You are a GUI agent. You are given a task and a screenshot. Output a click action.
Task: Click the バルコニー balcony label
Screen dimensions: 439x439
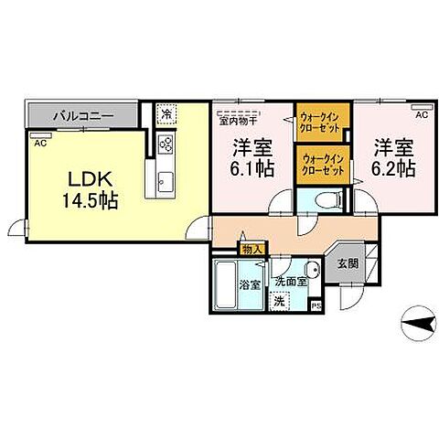82,117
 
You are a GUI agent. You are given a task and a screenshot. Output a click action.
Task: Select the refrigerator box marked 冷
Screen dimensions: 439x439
166,115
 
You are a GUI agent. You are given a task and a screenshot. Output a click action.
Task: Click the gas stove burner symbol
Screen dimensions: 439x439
166,144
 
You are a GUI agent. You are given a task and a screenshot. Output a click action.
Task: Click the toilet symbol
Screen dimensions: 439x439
326,200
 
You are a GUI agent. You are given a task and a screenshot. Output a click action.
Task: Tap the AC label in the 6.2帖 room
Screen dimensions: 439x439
422,116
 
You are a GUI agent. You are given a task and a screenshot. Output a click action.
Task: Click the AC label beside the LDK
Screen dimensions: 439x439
39,144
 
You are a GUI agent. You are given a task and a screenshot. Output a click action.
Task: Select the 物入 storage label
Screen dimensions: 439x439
252,249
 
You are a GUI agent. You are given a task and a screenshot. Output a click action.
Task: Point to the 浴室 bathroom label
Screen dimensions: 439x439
250,284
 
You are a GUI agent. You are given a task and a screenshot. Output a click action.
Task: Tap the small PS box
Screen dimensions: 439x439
316,305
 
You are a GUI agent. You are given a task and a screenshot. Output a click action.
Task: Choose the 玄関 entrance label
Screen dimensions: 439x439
348,263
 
